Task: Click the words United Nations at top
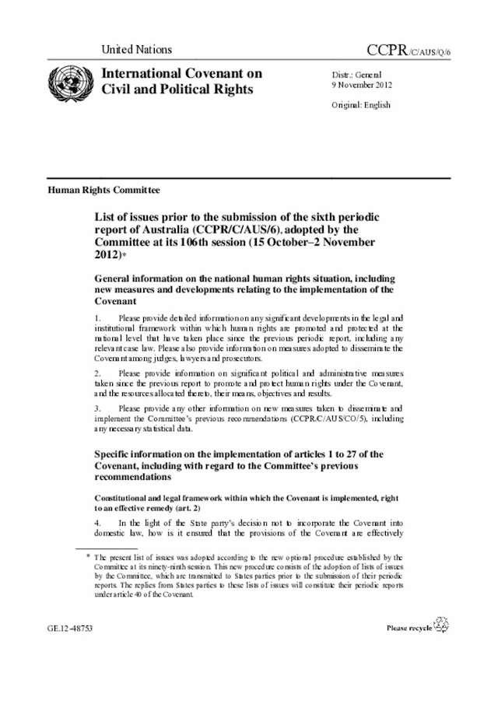(x=136, y=50)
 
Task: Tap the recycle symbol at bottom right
(x=441, y=625)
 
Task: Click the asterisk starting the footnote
(x=88, y=556)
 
